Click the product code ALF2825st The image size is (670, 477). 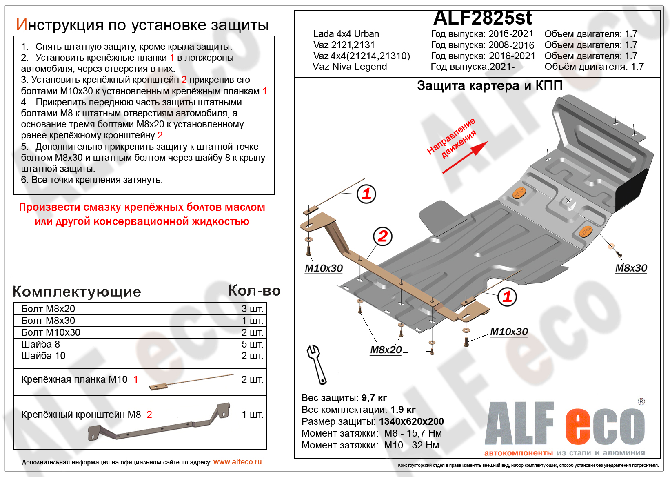(482, 18)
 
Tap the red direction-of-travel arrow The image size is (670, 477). (466, 158)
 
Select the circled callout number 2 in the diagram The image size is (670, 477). (382, 236)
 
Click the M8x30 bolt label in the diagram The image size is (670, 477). (631, 268)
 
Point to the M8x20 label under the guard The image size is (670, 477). (386, 350)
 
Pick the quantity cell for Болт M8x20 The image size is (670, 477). (252, 309)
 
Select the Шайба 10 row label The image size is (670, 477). (43, 356)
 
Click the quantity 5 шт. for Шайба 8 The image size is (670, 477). (252, 344)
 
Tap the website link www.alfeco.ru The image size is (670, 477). (237, 462)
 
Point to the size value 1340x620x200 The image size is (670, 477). (411, 421)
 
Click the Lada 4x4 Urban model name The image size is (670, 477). (346, 34)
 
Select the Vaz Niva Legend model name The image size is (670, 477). (350, 67)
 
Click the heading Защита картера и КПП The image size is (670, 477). (490, 86)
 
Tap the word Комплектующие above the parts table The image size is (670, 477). (77, 292)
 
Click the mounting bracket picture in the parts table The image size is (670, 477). (159, 423)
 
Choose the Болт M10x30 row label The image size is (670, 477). (51, 332)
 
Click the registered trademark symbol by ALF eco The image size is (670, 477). (641, 402)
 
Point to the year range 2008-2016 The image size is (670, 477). (511, 45)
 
